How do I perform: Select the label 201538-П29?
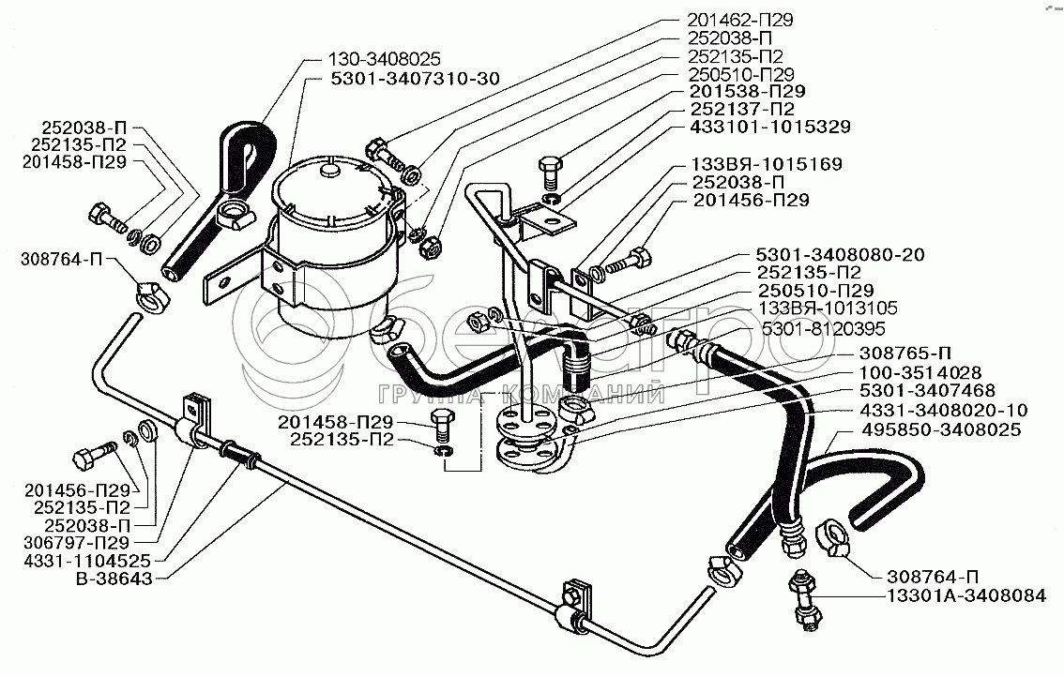748,91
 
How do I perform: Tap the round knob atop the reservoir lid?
327,171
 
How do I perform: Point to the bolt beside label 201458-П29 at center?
441,427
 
